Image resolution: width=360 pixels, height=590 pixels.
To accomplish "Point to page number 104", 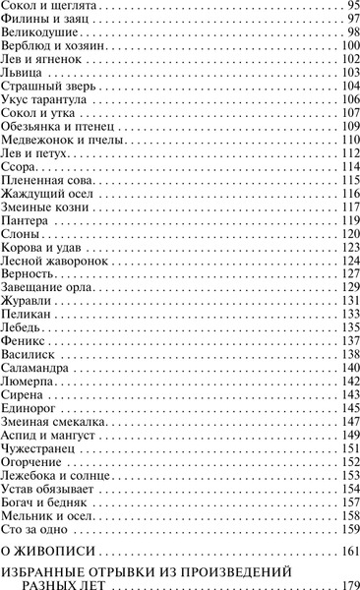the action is (343, 87).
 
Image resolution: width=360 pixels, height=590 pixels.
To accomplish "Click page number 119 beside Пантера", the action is (343, 220).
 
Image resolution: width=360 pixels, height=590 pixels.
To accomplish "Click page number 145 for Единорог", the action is (343, 407).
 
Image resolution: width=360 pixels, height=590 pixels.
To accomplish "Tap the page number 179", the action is (343, 585).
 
